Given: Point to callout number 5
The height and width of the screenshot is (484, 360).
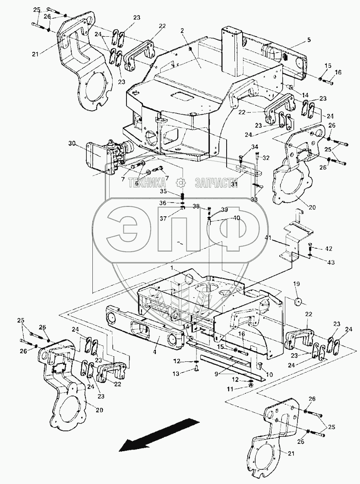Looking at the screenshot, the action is click(x=309, y=40).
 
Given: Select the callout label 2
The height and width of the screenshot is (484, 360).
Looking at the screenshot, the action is click(x=183, y=31).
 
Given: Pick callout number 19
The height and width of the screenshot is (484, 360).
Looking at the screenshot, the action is click(x=297, y=284).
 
